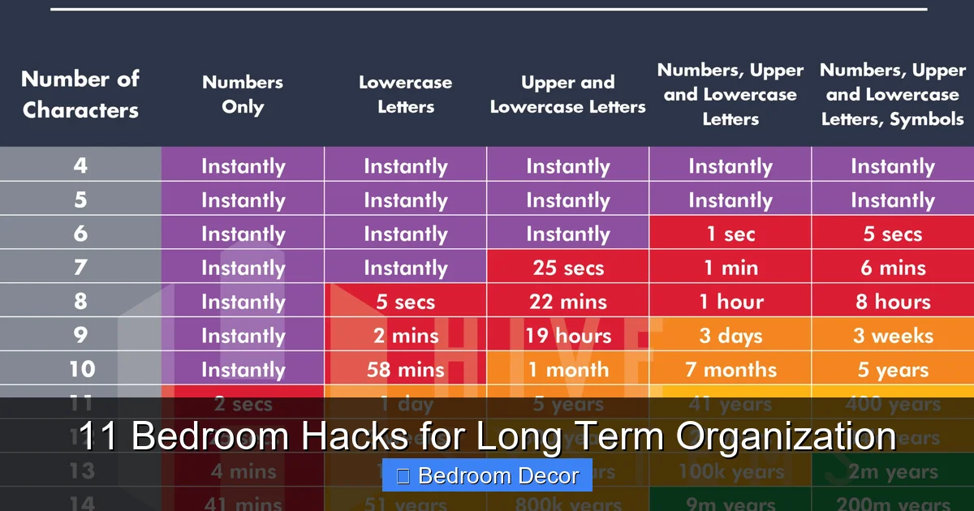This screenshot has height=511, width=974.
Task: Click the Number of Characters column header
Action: click(x=80, y=95)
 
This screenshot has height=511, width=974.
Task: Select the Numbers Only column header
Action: click(x=243, y=95)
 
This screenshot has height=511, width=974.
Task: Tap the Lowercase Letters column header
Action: click(x=406, y=95)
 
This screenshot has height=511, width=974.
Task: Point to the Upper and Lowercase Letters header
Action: click(x=568, y=95)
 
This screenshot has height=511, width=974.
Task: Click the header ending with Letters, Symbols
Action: click(x=893, y=95)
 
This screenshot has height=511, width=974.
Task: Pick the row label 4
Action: click(x=80, y=165)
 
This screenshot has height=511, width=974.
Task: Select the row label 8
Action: click(x=80, y=301)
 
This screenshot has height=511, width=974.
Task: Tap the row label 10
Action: click(x=80, y=369)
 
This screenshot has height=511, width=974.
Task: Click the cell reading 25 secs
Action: click(x=568, y=268)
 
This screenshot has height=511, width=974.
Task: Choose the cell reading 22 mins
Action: click(x=568, y=302)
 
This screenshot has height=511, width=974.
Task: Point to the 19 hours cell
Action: click(x=568, y=336)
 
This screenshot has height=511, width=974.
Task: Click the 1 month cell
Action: click(x=568, y=370)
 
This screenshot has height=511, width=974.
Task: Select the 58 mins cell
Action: click(x=406, y=370)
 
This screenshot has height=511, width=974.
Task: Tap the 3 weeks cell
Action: click(x=893, y=336)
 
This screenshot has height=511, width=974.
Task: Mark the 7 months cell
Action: click(x=730, y=370)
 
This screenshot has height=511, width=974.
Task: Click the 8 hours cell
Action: click(x=893, y=302)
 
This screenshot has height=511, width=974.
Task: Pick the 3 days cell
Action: click(x=730, y=336)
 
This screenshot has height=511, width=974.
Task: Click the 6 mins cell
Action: click(x=893, y=268)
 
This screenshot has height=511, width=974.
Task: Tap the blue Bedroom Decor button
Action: click(x=487, y=475)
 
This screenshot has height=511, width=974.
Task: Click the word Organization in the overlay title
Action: click(x=786, y=436)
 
